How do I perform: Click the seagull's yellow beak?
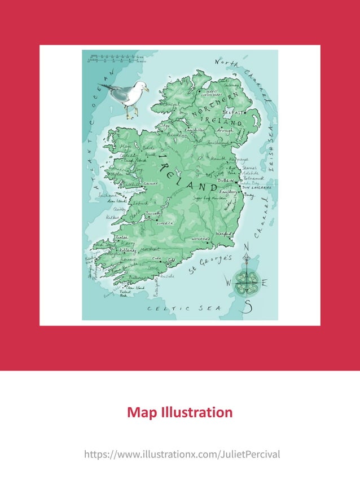(x=146, y=89)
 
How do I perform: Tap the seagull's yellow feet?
(x=131, y=115)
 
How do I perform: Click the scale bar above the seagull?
(x=113, y=58)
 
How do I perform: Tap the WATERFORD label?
(x=200, y=240)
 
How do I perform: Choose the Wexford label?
(x=225, y=233)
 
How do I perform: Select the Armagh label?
(x=223, y=131)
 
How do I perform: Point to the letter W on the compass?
(x=229, y=280)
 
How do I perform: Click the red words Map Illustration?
(x=179, y=412)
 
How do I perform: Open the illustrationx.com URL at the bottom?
(x=182, y=454)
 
